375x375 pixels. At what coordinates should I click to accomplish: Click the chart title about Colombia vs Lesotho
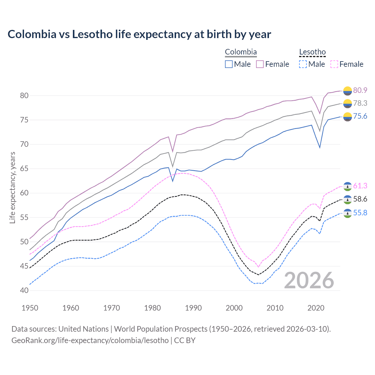pos(139,34)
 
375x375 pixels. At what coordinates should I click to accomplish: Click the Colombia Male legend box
pos(229,64)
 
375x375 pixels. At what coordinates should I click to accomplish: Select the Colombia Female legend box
pos(260,64)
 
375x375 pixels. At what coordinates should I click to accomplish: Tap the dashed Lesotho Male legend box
pos(303,64)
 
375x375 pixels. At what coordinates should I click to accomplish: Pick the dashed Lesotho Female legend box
pos(334,64)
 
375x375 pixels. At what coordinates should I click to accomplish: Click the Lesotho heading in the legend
pos(312,52)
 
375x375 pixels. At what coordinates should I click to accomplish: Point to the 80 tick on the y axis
pos(24,96)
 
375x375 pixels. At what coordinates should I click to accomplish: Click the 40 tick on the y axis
pos(24,291)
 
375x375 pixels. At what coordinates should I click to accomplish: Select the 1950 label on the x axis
pos(30,308)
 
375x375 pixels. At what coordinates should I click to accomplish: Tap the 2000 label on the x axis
pos(234,308)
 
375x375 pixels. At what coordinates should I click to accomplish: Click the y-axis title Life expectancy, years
pos(12,187)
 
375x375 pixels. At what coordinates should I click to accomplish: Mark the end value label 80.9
pos(360,90)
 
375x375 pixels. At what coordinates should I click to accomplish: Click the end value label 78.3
pos(360,103)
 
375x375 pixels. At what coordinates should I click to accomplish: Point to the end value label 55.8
pos(360,213)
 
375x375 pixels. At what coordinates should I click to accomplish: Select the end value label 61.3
pos(360,186)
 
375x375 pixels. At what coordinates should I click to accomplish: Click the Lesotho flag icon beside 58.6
pos(347,200)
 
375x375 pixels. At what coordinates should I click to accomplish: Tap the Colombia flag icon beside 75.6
pos(347,117)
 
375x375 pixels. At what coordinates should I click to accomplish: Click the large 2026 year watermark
pos(309,280)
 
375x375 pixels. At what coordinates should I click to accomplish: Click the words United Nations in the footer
pos(83,329)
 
